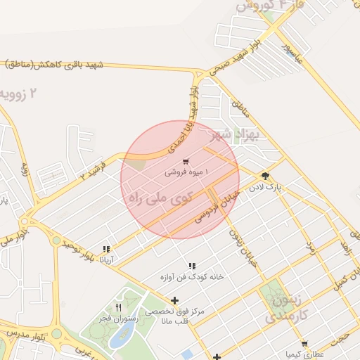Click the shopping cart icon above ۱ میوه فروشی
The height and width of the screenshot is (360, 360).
pyautogui.click(x=185, y=162)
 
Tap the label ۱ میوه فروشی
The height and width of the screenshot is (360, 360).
pyautogui.click(x=186, y=172)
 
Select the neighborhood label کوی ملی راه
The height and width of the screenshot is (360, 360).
pyautogui.click(x=160, y=197)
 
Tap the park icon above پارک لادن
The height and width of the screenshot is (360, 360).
pyautogui.click(x=265, y=176)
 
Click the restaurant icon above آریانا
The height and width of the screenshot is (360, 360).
pyautogui.click(x=106, y=249)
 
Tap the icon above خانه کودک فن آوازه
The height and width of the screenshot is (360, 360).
pyautogui.click(x=191, y=266)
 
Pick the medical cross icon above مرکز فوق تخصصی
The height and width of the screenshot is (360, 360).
pyautogui.click(x=175, y=300)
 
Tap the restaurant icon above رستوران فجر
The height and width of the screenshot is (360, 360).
pyautogui.click(x=118, y=307)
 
